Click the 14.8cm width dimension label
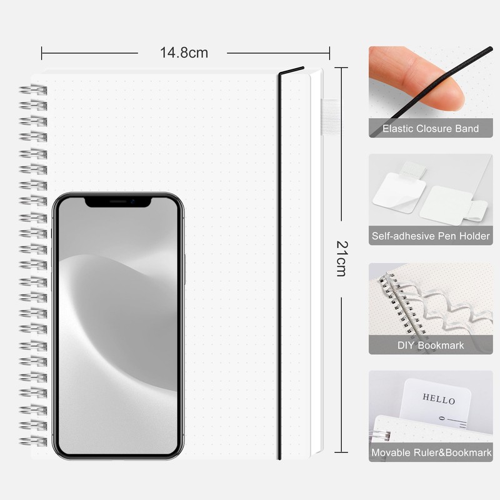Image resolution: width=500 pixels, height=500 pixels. point(184,52)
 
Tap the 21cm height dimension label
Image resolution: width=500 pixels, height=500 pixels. point(342,259)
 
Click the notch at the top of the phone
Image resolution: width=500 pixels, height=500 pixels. point(117,202)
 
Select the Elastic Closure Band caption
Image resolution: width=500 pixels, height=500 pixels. point(431,129)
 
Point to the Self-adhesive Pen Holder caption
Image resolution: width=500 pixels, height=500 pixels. point(431,236)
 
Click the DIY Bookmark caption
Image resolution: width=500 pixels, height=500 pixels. point(431,346)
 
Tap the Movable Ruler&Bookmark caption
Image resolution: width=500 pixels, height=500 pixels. point(431,452)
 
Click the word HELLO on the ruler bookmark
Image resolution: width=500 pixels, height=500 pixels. point(439,399)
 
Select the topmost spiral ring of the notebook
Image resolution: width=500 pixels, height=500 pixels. point(33,90)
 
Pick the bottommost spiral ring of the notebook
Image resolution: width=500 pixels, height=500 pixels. point(33,441)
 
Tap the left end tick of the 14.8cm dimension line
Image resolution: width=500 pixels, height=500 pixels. point(41,53)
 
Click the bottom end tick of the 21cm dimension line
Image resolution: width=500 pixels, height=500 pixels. point(341,452)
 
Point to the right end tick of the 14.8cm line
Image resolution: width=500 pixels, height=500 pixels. point(329,53)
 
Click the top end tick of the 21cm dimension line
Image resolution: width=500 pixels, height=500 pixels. point(341,67)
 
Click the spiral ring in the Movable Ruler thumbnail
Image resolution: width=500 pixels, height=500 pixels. point(379,436)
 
